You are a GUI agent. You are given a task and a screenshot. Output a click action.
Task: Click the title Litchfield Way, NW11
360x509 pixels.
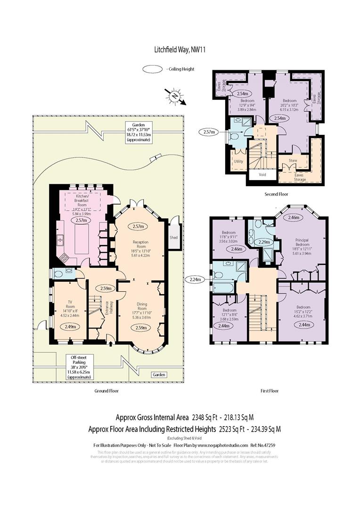point(180,49)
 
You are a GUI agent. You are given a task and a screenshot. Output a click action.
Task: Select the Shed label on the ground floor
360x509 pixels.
point(174,238)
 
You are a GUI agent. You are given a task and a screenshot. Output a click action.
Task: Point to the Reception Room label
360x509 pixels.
point(139,245)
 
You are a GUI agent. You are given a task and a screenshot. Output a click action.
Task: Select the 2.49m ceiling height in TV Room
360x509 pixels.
point(68,327)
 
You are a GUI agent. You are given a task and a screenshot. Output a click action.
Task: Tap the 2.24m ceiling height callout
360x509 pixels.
point(195,279)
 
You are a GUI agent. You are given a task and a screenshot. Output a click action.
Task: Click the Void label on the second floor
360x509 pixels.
point(261,175)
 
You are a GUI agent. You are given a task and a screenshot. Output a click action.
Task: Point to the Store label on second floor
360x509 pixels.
point(293,160)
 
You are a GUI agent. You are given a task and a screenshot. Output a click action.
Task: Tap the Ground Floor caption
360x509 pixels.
point(106,391)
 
